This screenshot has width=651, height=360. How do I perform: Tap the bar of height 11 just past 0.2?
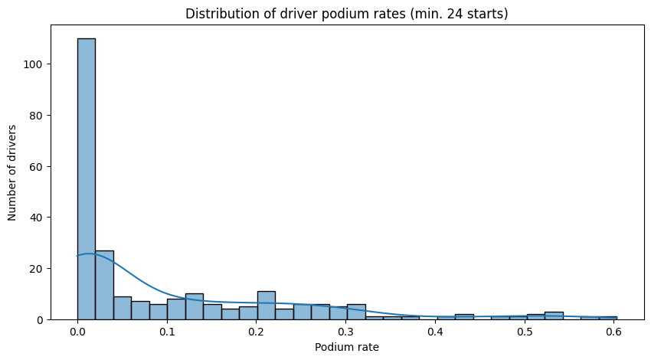[x=266, y=305]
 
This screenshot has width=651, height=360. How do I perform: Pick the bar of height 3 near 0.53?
[x=554, y=316]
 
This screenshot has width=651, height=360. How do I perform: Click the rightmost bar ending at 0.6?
[x=607, y=318]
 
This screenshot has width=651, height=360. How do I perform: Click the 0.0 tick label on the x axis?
[x=77, y=334]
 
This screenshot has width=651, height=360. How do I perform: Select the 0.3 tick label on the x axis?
[x=345, y=334]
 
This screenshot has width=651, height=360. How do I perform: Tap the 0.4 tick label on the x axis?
[x=435, y=334]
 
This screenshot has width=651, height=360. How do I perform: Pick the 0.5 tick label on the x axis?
[x=525, y=334]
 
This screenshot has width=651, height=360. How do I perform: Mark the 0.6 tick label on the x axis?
[x=613, y=334]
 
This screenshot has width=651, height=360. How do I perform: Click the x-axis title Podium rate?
[x=346, y=348]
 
